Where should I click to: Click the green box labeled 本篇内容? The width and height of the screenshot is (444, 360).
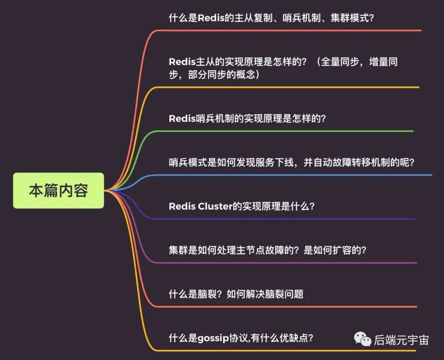tap(58, 190)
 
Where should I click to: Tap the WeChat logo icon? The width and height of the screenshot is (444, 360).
tap(363, 339)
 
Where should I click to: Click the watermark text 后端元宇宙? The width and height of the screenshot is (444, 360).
tap(401, 340)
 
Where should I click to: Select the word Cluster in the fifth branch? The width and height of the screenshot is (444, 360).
tap(215, 206)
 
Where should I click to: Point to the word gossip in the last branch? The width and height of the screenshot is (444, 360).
tap(213, 338)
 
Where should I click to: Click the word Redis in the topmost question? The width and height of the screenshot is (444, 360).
tap(211, 18)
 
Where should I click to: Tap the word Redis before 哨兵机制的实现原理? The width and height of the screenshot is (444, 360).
tap(183, 118)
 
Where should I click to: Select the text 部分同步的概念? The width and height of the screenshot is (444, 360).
tap(222, 74)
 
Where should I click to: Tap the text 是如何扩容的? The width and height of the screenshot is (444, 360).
tap(332, 250)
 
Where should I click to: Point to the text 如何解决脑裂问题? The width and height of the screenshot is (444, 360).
tap(265, 294)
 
